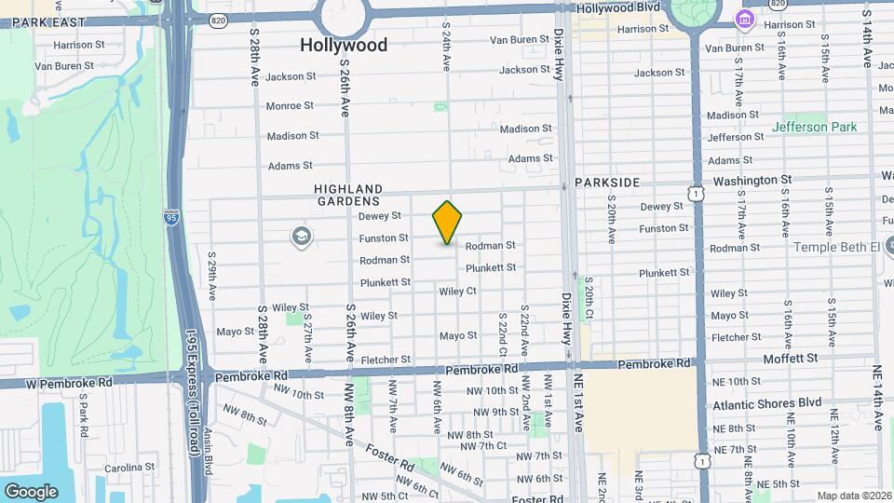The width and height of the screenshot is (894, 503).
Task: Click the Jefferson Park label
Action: (x=813, y=127)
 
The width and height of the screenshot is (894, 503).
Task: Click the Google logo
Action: (x=31, y=491)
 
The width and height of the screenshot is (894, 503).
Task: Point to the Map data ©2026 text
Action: (x=853, y=496)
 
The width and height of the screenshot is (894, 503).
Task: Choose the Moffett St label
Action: (x=790, y=358)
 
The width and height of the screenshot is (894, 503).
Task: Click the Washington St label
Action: (x=752, y=180)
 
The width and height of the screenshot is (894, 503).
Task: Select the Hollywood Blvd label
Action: (x=618, y=8)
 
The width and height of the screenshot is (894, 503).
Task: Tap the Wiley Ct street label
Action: (x=457, y=292)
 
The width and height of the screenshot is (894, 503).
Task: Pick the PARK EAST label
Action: (x=43, y=20)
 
